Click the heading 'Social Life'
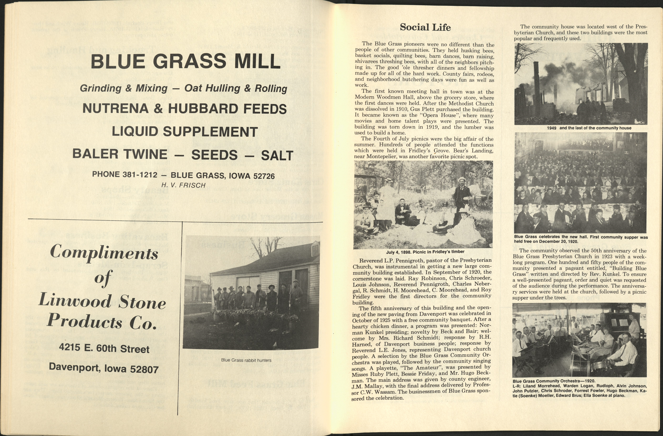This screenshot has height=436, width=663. pyautogui.click(x=425, y=27)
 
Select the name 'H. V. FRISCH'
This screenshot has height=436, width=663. pyautogui.click(x=183, y=185)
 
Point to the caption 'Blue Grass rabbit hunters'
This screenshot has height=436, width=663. pyautogui.click(x=246, y=360)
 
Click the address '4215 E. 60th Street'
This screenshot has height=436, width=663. pyautogui.click(x=104, y=348)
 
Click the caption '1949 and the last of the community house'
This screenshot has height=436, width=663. pyautogui.click(x=589, y=128)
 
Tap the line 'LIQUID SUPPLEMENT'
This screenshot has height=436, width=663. pyautogui.click(x=185, y=132)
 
